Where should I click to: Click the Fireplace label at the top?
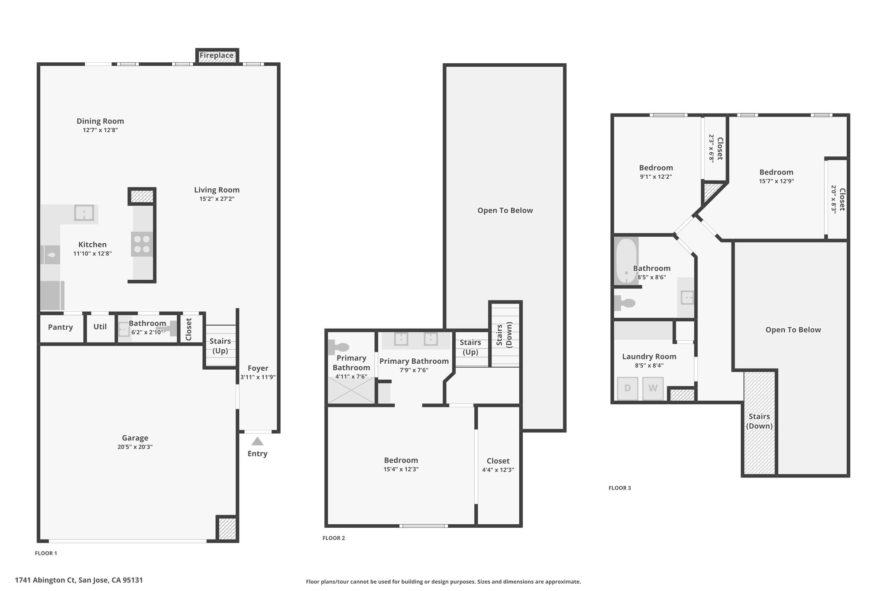[x=217, y=55]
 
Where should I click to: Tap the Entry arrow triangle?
[x=258, y=441]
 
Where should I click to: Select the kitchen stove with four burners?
[x=142, y=244]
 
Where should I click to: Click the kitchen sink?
[x=84, y=213]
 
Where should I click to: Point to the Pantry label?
[x=60, y=327]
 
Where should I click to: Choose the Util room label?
[x=100, y=326]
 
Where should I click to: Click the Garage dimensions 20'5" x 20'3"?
[x=135, y=447]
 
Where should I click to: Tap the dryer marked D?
[x=627, y=388]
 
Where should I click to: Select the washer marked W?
[x=653, y=388]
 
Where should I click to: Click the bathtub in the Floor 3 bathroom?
[x=626, y=262]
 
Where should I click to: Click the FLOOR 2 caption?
[x=333, y=538]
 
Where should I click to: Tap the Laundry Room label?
[x=649, y=357]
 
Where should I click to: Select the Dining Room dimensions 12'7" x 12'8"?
[x=100, y=130]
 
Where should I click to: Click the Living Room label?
[x=217, y=190]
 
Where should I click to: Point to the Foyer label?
[x=258, y=368]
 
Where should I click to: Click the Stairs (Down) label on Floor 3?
[x=759, y=421]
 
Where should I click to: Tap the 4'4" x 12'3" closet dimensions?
[x=498, y=470]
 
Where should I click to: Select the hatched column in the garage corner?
[x=227, y=529]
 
